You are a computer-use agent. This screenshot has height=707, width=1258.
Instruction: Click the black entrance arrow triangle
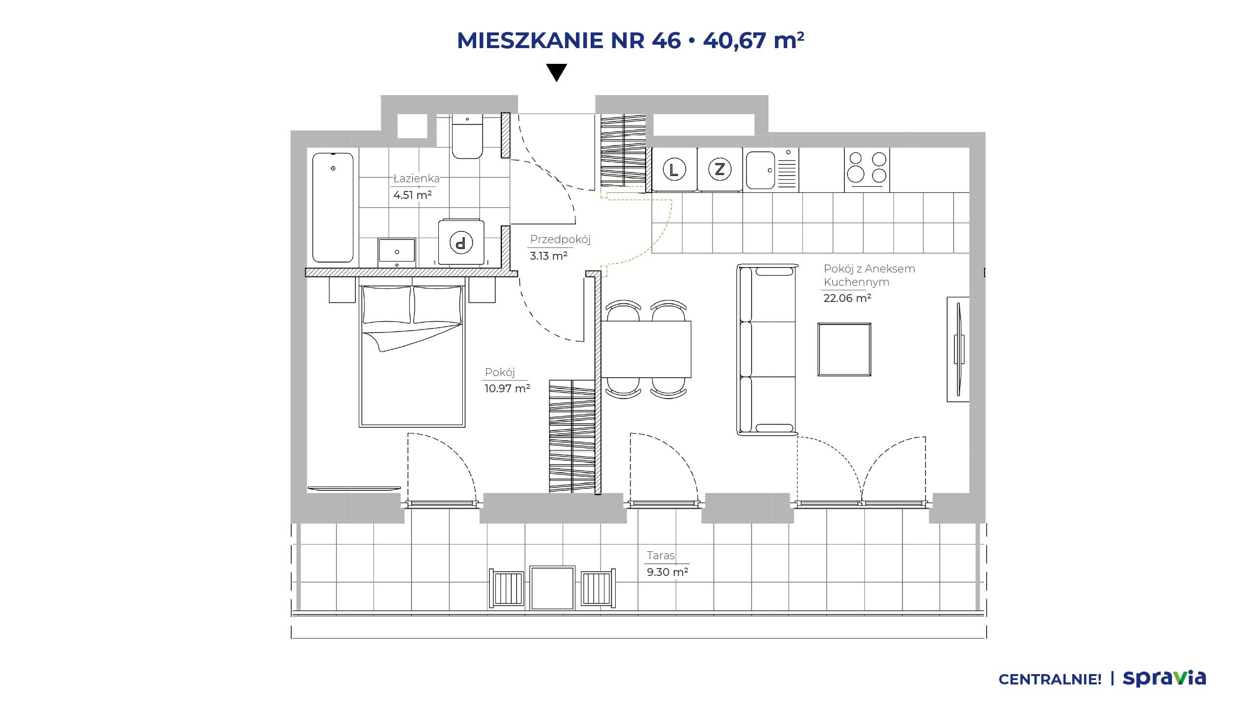[557, 72]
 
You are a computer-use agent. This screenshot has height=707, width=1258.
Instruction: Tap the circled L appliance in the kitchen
[674, 169]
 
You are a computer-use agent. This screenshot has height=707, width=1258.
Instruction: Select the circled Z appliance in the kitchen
[720, 169]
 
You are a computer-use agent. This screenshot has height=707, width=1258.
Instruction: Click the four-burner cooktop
[867, 169]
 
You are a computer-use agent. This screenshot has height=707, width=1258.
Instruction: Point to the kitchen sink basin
[760, 170]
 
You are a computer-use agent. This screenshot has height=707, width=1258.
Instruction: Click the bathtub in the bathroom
[333, 207]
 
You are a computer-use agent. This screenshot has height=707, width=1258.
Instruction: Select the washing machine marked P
[461, 242]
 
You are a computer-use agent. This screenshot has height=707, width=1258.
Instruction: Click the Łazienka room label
[416, 179]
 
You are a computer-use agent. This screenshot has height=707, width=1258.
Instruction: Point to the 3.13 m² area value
[548, 256]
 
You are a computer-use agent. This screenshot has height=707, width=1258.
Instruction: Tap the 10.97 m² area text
[507, 388]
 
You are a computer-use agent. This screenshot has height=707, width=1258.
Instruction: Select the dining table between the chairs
[646, 349]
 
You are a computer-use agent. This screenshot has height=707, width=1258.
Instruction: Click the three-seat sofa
[767, 350]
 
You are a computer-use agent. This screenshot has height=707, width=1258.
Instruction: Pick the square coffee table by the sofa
[844, 349]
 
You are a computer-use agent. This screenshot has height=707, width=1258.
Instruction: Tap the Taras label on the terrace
[660, 556]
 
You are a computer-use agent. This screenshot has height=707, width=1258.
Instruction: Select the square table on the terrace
[552, 588]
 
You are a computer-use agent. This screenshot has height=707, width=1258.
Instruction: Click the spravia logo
[1164, 679]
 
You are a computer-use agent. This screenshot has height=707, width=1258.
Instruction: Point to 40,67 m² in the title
[753, 41]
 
